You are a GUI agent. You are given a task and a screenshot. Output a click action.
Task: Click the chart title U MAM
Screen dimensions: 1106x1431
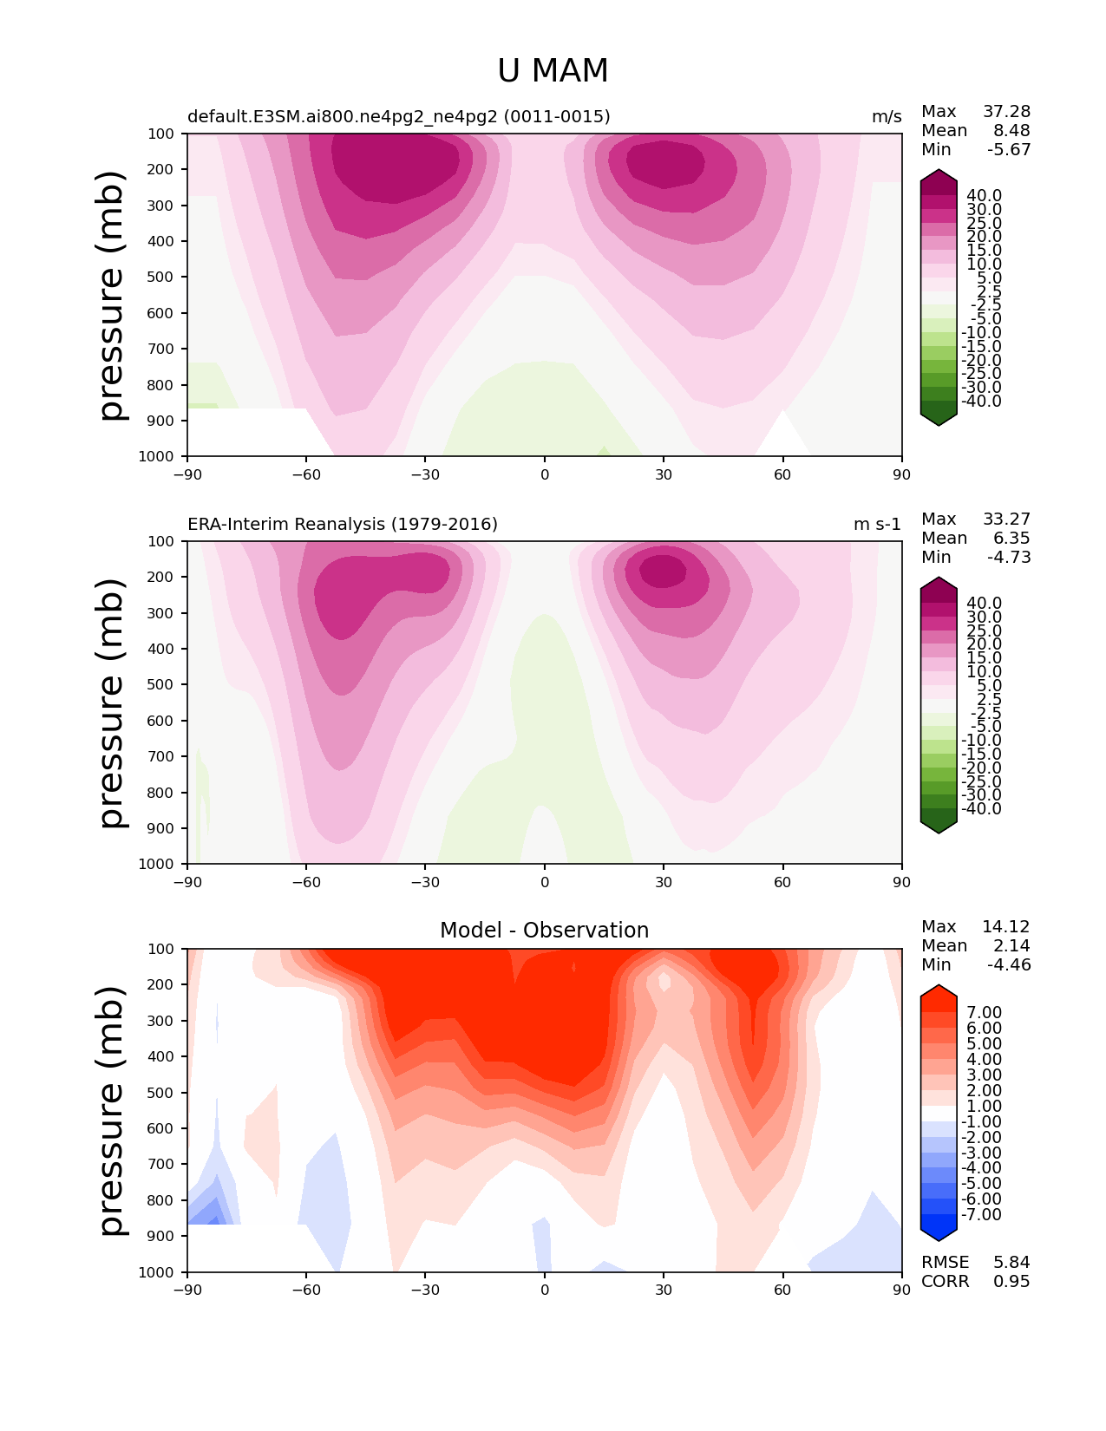pyautogui.click(x=553, y=70)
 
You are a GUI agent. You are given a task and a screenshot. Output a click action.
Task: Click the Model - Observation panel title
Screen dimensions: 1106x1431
pyautogui.click(x=544, y=930)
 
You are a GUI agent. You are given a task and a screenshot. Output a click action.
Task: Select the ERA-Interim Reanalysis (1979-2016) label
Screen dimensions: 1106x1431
pyautogui.click(x=343, y=524)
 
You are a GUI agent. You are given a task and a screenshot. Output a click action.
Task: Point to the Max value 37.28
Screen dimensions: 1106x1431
pyautogui.click(x=1006, y=111)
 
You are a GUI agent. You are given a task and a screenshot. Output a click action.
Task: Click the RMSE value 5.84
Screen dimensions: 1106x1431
pyautogui.click(x=1011, y=1262)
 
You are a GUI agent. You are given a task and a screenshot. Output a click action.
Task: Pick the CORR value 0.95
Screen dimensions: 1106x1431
pyautogui.click(x=1011, y=1281)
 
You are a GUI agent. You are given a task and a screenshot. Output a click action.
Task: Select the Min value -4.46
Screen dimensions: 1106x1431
pyautogui.click(x=1009, y=964)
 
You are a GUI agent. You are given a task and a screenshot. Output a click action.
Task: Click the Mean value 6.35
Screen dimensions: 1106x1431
pyautogui.click(x=1011, y=538)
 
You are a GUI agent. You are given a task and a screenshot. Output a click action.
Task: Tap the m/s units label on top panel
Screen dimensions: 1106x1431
pyautogui.click(x=887, y=117)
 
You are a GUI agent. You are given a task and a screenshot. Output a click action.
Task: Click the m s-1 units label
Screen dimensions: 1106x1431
pyautogui.click(x=877, y=524)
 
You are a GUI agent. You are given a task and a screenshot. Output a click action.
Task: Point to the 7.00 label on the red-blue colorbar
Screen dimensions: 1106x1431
pyautogui.click(x=985, y=1012)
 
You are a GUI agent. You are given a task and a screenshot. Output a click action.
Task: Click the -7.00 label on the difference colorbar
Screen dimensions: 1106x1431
pyautogui.click(x=981, y=1214)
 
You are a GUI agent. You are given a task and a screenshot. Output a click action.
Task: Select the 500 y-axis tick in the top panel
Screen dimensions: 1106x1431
pyautogui.click(x=160, y=277)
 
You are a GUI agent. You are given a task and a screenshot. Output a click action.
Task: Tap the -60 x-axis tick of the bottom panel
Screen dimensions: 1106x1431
pyautogui.click(x=306, y=1290)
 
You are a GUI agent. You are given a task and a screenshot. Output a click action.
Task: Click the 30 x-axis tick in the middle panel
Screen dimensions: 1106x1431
pyautogui.click(x=664, y=882)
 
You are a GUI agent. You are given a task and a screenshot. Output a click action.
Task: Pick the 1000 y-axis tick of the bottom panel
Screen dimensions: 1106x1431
pyautogui.click(x=156, y=1271)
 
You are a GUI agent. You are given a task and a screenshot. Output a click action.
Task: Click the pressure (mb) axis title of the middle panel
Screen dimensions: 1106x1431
pyautogui.click(x=111, y=702)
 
